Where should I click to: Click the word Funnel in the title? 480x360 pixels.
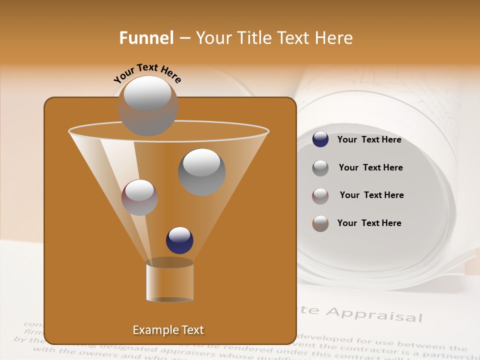[146, 38]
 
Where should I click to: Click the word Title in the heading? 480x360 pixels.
[253, 38]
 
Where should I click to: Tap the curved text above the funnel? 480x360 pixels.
[147, 72]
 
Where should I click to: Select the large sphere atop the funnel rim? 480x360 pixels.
[148, 105]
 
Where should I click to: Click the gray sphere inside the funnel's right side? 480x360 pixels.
[202, 171]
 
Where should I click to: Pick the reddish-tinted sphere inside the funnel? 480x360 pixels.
[139, 197]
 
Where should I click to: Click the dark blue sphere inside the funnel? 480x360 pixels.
[179, 240]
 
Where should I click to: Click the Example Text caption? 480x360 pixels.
[168, 330]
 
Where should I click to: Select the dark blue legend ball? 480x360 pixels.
[320, 139]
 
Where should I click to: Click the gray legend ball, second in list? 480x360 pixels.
[320, 167]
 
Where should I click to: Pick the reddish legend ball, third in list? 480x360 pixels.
[320, 195]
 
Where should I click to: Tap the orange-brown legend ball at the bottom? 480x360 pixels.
[320, 223]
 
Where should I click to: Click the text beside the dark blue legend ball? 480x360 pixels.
[369, 139]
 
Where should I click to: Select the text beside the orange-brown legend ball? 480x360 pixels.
[369, 223]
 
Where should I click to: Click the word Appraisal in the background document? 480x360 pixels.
[374, 314]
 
